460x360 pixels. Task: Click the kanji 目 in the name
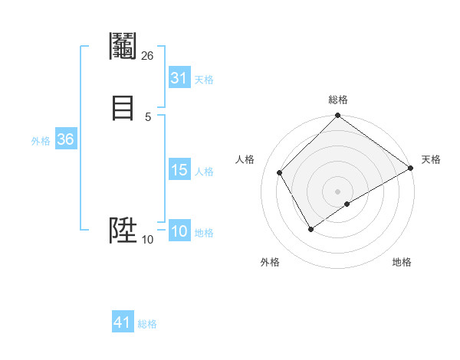[122, 106]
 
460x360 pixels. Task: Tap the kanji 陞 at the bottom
[122, 231]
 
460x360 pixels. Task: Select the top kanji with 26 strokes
[123, 47]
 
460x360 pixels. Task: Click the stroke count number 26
[147, 55]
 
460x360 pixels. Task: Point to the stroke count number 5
[148, 116]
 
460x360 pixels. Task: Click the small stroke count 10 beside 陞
[147, 240]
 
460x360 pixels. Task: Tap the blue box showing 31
[179, 78]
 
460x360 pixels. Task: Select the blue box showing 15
[179, 170]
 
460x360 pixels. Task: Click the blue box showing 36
[66, 140]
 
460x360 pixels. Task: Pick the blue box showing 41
[123, 322]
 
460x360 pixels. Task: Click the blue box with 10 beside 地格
[179, 231]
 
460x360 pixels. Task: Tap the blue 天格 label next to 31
[204, 79]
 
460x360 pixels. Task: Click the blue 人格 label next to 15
[204, 171]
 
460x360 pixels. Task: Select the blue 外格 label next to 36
[41, 141]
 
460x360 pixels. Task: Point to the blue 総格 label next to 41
[147, 323]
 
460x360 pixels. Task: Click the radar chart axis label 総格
[337, 100]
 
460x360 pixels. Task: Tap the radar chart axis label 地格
[402, 263]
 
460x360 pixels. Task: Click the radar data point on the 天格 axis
[410, 169]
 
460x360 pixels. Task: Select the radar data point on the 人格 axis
[280, 172]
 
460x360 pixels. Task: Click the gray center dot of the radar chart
[337, 191]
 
